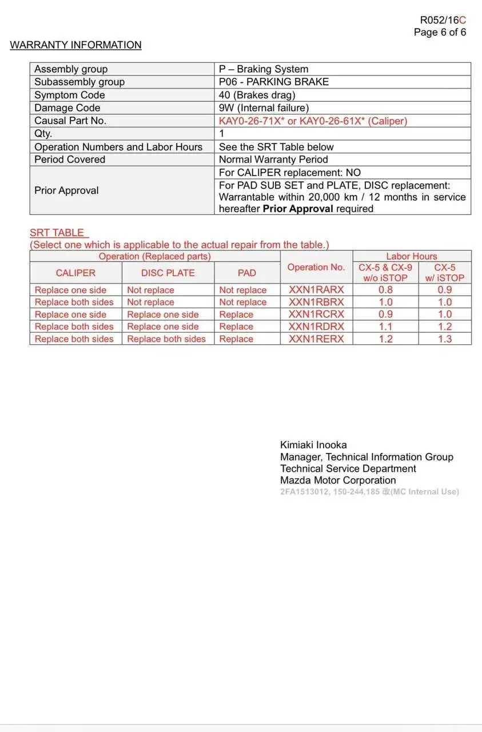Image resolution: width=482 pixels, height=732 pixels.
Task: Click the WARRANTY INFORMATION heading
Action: (75, 45)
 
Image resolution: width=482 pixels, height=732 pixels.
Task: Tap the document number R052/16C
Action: (443, 21)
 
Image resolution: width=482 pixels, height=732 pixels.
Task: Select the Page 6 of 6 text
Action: (440, 33)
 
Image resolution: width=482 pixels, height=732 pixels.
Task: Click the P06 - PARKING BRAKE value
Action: (274, 82)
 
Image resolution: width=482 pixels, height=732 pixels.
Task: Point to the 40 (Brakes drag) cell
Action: (257, 95)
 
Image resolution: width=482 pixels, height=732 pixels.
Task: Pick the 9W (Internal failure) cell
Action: (264, 108)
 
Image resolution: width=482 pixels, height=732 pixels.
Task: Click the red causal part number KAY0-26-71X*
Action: (252, 121)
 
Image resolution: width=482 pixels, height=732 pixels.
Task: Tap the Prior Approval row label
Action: (66, 190)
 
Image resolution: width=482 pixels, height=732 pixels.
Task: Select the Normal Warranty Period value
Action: (273, 160)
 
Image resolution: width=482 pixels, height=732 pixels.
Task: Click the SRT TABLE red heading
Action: (57, 233)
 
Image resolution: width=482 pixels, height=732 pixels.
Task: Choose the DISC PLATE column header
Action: (168, 273)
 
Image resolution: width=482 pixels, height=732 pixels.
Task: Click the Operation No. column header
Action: (316, 267)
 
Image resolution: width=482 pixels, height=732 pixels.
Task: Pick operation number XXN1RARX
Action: (316, 290)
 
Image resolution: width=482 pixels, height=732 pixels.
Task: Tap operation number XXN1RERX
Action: (316, 339)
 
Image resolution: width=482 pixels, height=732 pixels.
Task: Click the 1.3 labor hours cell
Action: (444, 339)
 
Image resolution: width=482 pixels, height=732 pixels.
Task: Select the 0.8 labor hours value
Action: (385, 290)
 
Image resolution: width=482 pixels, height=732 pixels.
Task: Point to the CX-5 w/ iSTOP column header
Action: (444, 272)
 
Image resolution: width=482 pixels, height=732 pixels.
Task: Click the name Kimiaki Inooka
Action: (313, 445)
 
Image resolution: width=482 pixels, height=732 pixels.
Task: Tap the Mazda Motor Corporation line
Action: (338, 480)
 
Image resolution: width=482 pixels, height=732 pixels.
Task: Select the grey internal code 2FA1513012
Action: (304, 492)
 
